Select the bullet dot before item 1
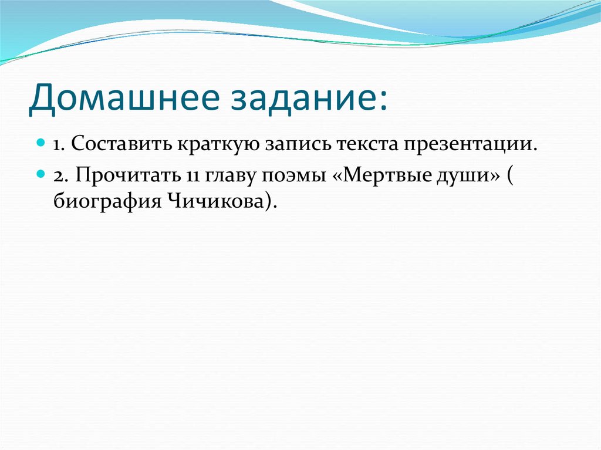(41, 143)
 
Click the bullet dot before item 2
(41, 174)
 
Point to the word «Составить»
(121, 144)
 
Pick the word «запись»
(296, 144)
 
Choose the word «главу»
(222, 175)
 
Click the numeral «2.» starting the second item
(60, 175)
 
